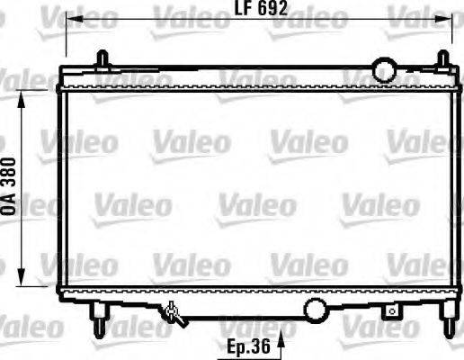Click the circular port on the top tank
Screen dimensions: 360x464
tap(386, 69)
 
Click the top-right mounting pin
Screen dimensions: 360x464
tap(442, 60)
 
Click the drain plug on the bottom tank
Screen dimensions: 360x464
tap(174, 314)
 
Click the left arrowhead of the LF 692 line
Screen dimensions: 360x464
tap(74, 18)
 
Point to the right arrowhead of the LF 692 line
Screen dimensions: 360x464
tap(449, 18)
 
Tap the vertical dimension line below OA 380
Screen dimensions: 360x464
tap(19, 243)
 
